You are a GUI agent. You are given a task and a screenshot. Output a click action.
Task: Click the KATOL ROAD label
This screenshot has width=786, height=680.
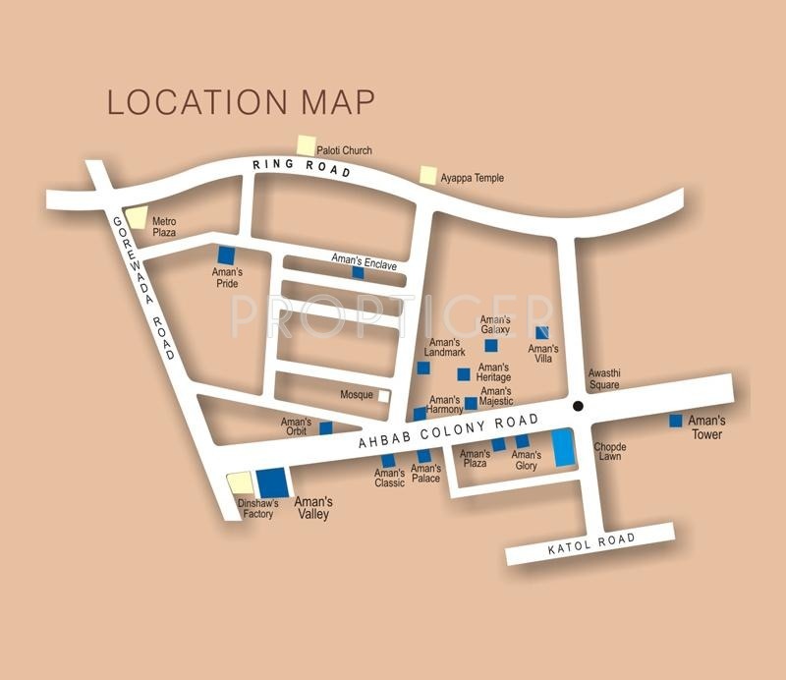591,543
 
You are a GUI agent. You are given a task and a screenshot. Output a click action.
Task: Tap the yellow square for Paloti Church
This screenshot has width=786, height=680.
307,145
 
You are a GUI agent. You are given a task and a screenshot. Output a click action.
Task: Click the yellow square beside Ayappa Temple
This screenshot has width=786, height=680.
428,175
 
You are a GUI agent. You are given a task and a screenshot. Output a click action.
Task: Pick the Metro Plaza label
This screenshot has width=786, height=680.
164,228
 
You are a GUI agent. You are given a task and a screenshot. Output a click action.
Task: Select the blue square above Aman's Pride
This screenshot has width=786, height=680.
227,254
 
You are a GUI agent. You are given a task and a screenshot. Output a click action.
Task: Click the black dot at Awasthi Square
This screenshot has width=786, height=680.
578,406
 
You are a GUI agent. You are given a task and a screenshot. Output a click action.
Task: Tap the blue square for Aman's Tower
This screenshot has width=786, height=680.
675,421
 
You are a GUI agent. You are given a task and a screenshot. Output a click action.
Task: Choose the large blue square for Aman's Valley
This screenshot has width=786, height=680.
273,483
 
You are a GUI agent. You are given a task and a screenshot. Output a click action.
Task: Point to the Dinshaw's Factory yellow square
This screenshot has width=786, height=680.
239,482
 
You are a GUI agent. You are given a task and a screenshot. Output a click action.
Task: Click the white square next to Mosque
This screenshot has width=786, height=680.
383,395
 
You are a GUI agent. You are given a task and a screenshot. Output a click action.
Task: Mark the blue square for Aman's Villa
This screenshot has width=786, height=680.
541,332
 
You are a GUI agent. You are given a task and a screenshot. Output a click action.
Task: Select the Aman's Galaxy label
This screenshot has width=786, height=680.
495,325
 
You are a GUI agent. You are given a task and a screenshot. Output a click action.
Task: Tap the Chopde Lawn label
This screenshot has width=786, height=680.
609,452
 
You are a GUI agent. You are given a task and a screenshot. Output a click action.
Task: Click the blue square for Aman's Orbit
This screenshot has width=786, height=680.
325,427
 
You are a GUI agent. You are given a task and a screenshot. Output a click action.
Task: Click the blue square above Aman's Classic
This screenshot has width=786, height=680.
388,460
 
